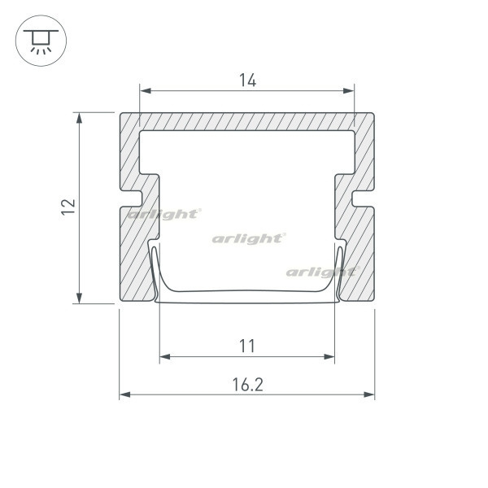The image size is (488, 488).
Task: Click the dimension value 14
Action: pos(248,80)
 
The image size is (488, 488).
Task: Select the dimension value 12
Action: pos(68,207)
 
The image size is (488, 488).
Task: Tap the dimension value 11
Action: pos(247,346)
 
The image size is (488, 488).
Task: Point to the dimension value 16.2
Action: pos(248,385)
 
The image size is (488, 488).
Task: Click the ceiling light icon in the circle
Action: pos(41,41)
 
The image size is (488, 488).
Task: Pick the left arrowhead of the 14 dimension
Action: pos(146,91)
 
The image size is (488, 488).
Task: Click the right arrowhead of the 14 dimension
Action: pos(349,91)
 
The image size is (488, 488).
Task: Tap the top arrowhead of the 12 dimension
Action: pos(80,118)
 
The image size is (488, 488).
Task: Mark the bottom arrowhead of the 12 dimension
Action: pos(80,298)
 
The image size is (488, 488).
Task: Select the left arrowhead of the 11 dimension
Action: pos(165,357)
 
